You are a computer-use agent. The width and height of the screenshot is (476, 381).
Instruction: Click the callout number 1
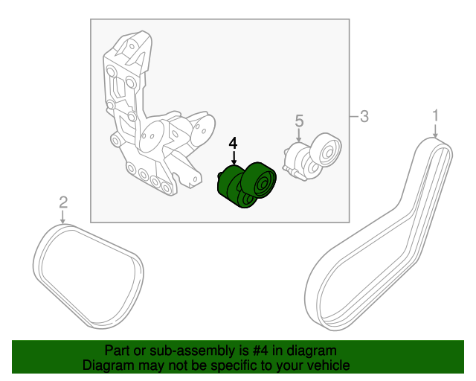tap(436, 116)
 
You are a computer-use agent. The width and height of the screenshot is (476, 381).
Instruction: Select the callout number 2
tap(63, 202)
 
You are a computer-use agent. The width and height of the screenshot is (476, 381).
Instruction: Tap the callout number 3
tap(364, 116)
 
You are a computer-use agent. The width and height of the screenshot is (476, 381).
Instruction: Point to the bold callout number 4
tap(233, 143)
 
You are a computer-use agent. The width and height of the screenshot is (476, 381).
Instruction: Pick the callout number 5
tap(299, 121)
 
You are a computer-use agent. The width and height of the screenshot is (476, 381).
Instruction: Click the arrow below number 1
tap(435, 131)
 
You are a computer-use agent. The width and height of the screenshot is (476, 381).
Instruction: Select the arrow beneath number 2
tap(62, 217)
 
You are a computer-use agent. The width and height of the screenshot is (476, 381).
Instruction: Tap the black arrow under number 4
tap(234, 158)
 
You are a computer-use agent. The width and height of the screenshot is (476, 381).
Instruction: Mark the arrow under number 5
tap(299, 135)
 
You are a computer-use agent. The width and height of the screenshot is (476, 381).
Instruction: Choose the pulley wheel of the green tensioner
tap(260, 180)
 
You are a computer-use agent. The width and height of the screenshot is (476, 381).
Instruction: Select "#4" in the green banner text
tap(260, 350)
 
